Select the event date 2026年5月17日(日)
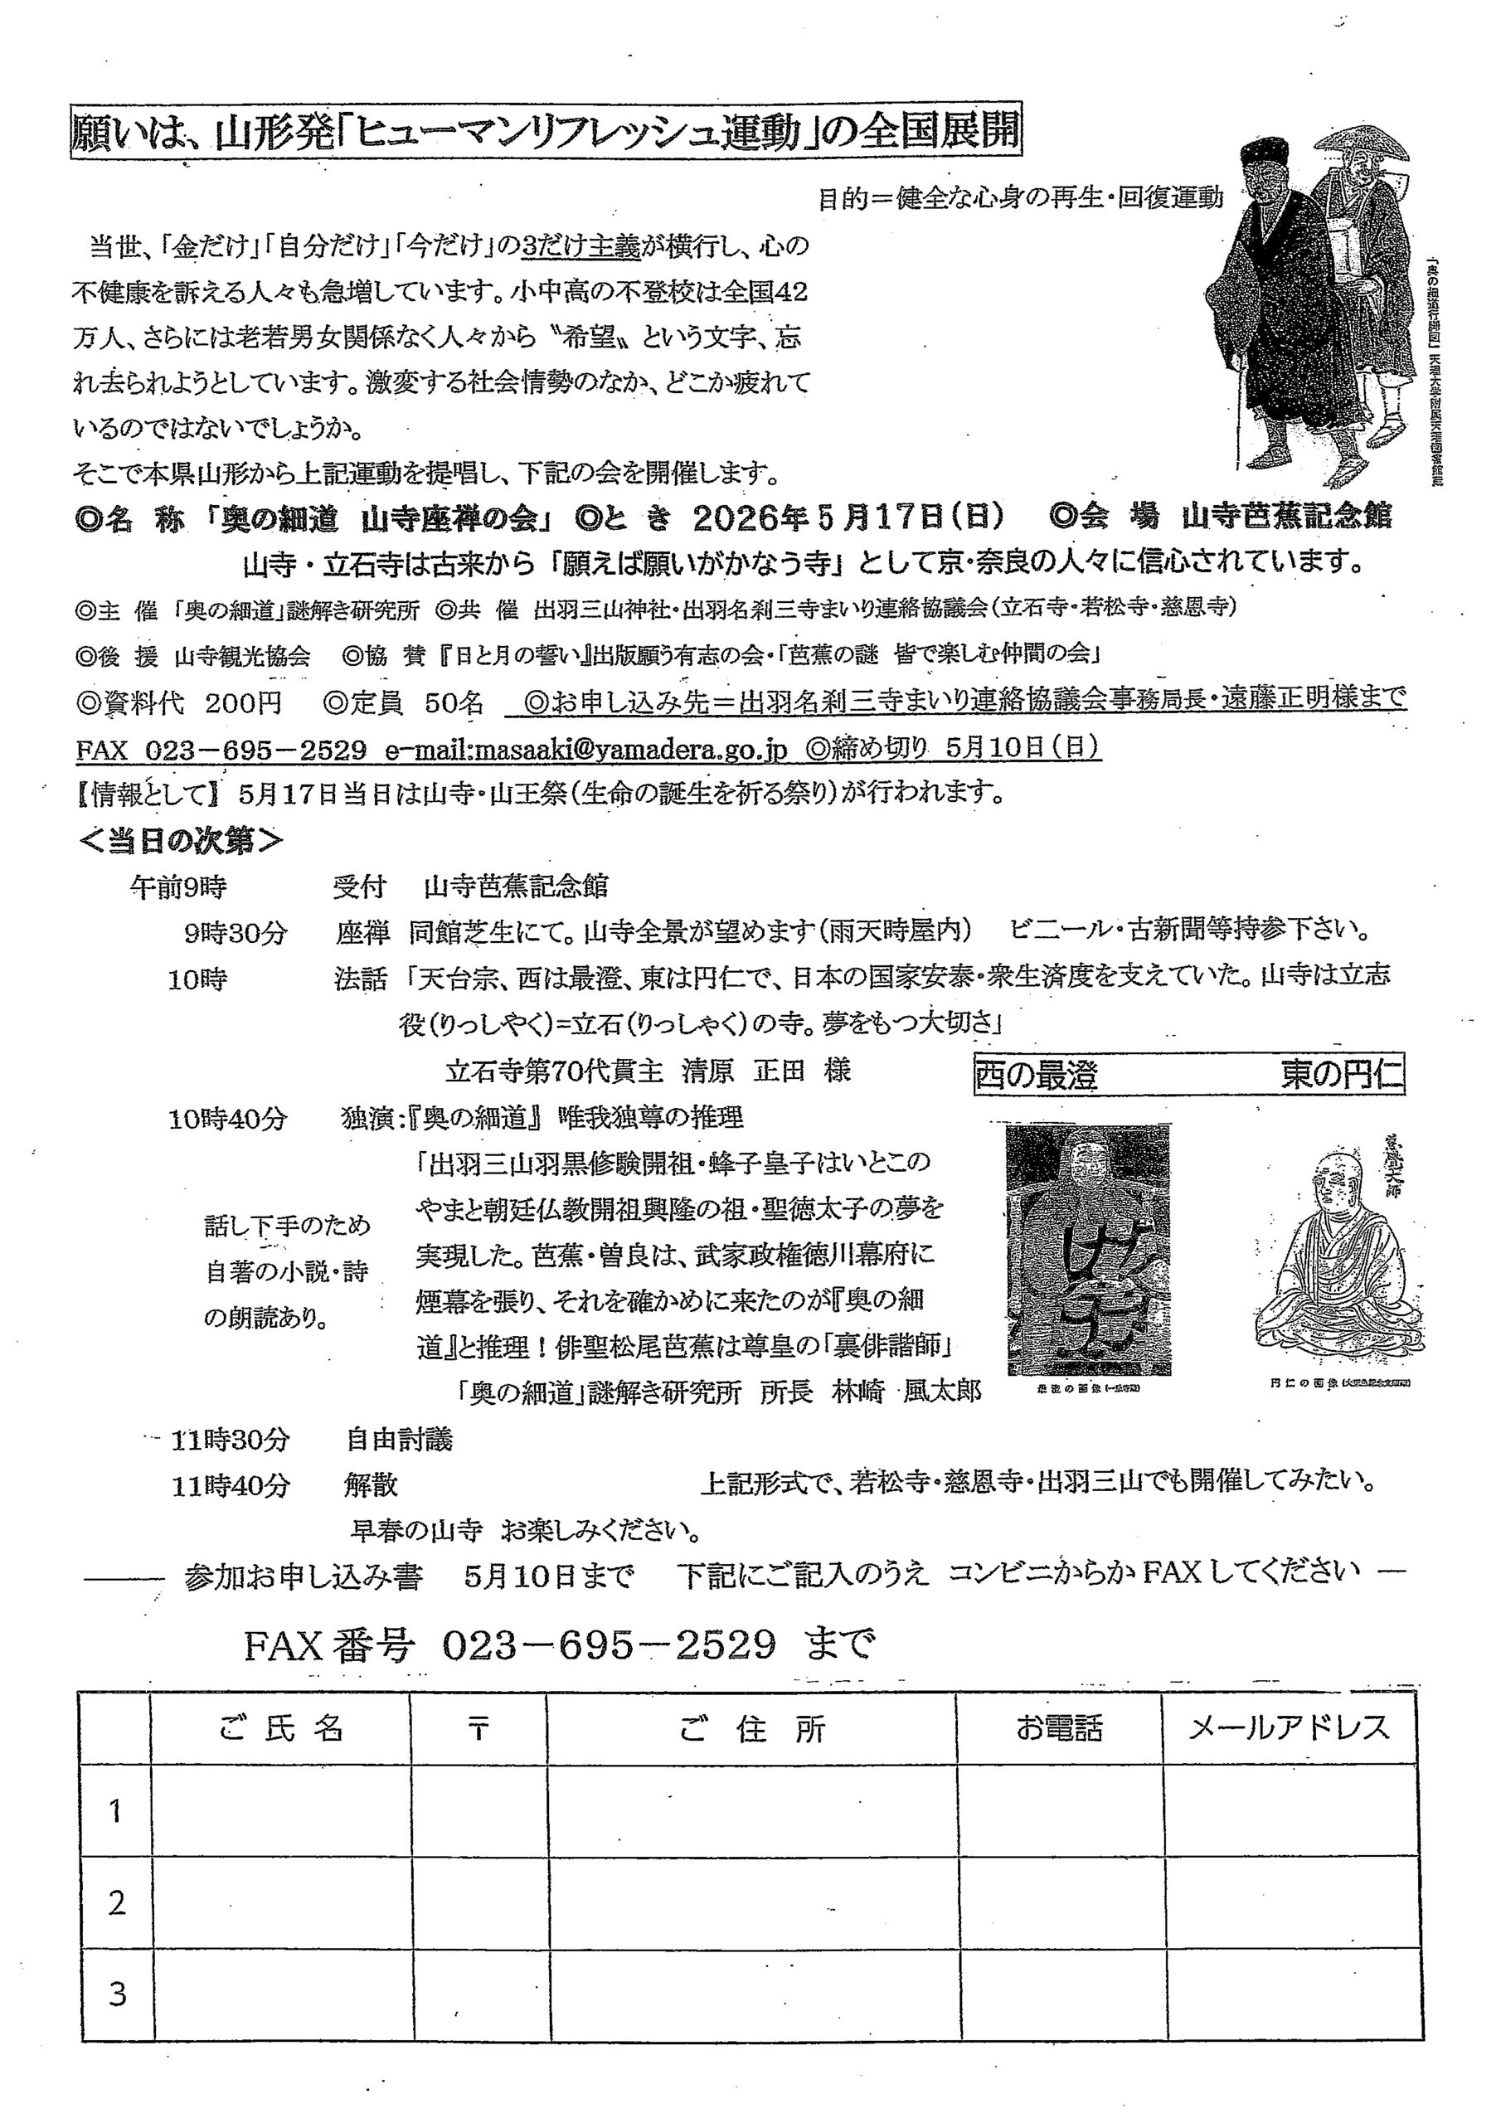[849, 517]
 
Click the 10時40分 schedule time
[227, 1120]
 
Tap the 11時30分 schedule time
[231, 1440]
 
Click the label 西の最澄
[1036, 1076]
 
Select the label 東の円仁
[1341, 1076]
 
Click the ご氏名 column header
[281, 1728]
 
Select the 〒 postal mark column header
[478, 1729]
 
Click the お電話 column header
[1060, 1728]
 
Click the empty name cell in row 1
[281, 1810]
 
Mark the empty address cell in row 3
[753, 1994]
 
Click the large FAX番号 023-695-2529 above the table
[559, 1645]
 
